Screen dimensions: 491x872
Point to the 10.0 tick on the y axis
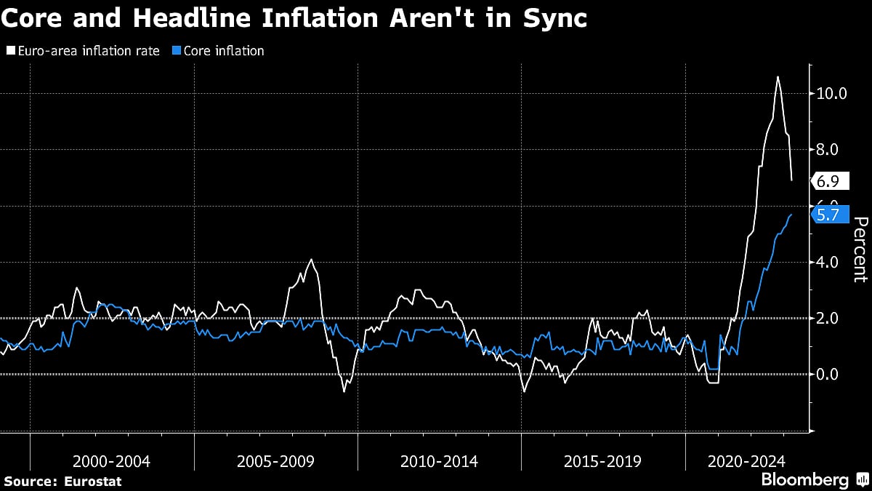coord(831,94)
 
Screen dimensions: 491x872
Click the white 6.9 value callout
coord(828,181)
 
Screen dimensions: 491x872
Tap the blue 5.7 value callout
coord(828,215)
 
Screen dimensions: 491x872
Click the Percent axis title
coord(860,250)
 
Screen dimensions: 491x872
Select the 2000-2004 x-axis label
coord(112,460)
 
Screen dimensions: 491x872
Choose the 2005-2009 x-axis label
coord(276,460)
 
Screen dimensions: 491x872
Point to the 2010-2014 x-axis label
coord(440,460)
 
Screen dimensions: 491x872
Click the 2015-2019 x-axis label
coord(603,460)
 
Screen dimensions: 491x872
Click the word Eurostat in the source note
coord(92,481)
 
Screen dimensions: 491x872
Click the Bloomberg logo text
coord(804,480)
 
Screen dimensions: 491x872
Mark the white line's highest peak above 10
coord(778,76)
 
